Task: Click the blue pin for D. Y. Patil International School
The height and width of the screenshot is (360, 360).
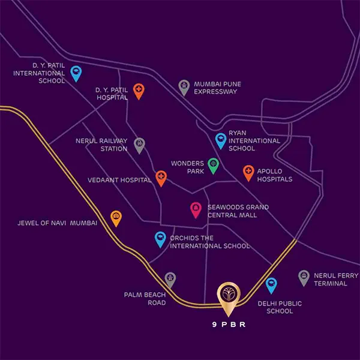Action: click(x=76, y=73)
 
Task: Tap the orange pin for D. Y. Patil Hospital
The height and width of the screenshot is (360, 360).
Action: click(x=139, y=91)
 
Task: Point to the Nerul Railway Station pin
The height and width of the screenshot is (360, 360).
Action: click(x=139, y=144)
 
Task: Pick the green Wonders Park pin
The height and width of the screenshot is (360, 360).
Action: click(x=213, y=164)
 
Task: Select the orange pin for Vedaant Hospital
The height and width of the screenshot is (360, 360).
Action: click(x=161, y=177)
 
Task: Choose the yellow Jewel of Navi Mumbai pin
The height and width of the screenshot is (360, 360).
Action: click(x=116, y=217)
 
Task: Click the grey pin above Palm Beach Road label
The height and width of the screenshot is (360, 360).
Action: click(x=170, y=279)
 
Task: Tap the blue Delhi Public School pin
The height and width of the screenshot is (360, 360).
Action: click(x=271, y=284)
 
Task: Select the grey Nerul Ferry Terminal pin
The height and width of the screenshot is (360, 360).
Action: click(x=304, y=277)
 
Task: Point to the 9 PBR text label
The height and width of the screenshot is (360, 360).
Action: click(x=228, y=326)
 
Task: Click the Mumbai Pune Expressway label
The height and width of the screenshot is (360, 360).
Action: click(x=218, y=88)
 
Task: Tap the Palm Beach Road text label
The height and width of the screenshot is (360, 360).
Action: click(x=145, y=299)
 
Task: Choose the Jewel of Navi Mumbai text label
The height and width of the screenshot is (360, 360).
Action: click(x=58, y=223)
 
